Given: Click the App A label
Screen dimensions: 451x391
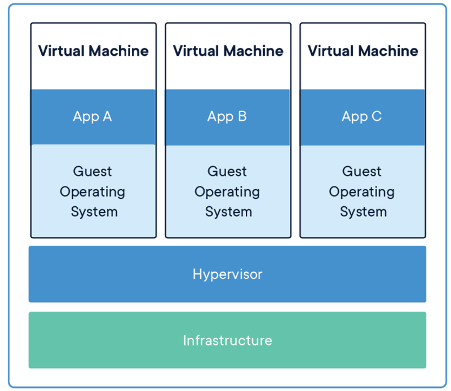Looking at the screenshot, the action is click(x=92, y=117).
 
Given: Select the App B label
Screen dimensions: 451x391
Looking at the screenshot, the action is click(x=227, y=117).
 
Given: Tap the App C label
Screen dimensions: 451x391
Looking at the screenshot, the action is click(x=361, y=117).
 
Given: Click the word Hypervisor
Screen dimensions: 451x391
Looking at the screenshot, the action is click(x=227, y=274).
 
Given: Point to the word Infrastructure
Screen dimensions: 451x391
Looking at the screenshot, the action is click(x=228, y=340).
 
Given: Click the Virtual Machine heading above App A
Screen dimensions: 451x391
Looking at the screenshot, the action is click(x=94, y=51).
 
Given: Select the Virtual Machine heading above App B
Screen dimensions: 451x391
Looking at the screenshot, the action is click(x=228, y=51).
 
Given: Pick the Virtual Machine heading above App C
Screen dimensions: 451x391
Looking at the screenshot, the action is click(x=362, y=51).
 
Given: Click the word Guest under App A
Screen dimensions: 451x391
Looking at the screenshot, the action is click(x=92, y=171).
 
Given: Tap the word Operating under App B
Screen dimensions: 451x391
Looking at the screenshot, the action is click(x=227, y=192).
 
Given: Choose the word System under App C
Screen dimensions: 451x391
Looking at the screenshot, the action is click(x=363, y=212).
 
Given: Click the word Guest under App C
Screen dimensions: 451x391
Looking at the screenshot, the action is click(x=361, y=171).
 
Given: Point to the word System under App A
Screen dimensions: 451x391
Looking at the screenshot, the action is click(x=94, y=212).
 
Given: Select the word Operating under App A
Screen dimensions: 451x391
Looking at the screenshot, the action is click(x=92, y=192).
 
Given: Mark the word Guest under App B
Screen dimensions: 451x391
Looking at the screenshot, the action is click(x=227, y=171).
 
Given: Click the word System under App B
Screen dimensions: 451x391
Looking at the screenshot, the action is click(x=229, y=212).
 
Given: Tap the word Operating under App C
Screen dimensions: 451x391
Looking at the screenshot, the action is click(x=361, y=192).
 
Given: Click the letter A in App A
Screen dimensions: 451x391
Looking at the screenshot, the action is click(x=107, y=116).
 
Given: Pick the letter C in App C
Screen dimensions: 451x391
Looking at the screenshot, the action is click(x=377, y=116).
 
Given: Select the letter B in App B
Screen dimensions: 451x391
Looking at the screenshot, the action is click(x=242, y=116).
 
